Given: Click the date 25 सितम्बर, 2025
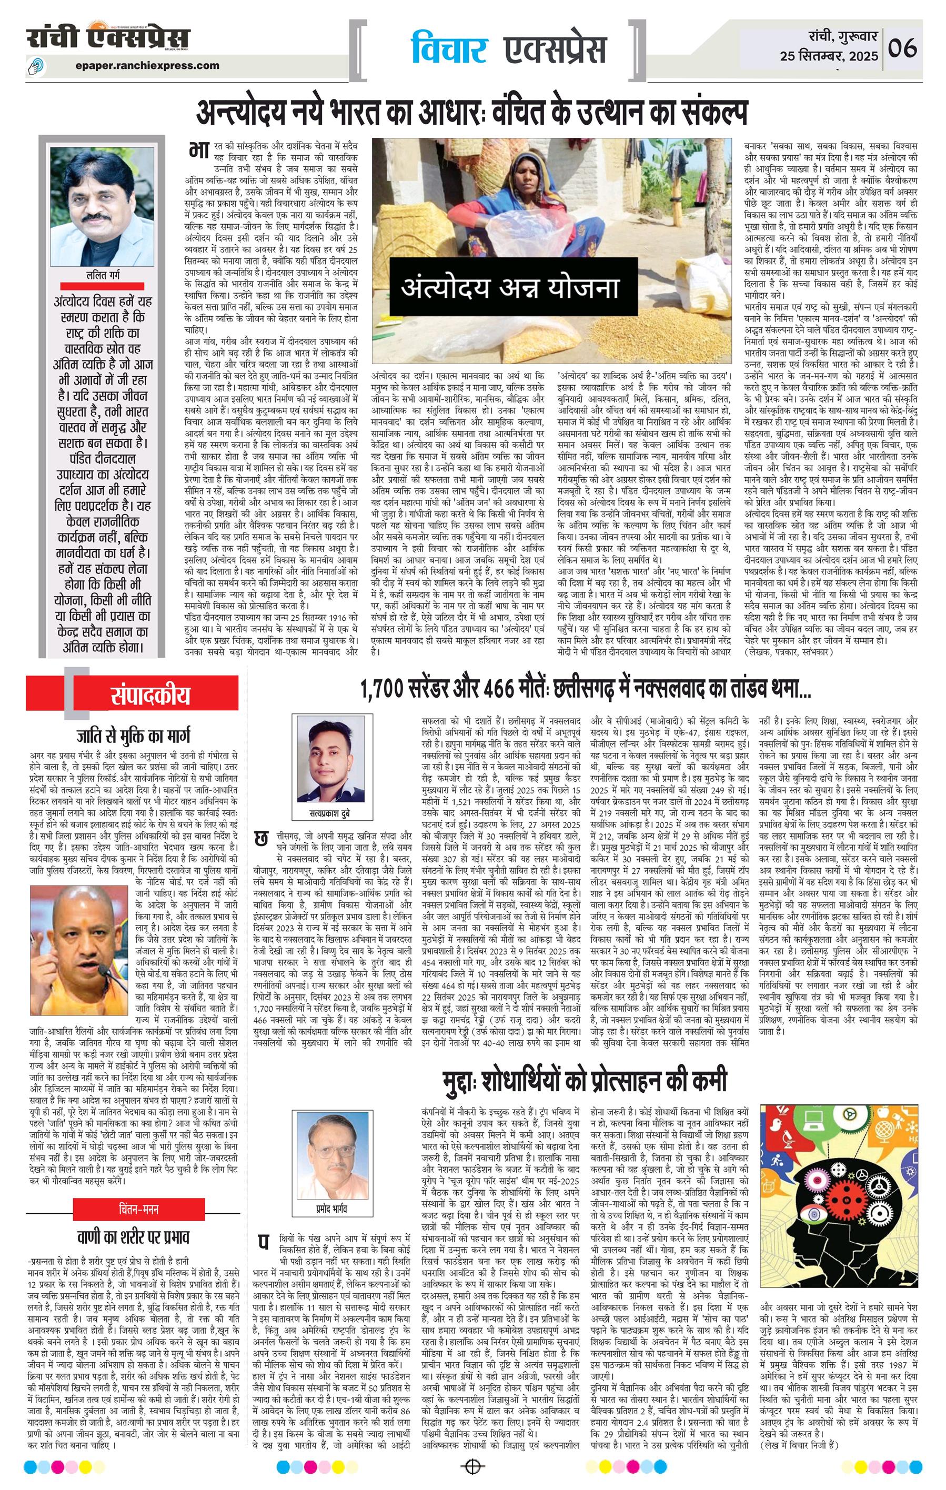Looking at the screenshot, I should click(x=829, y=57).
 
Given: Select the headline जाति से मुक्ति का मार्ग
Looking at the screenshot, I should click(x=133, y=737).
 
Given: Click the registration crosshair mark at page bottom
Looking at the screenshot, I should click(x=472, y=1462).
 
